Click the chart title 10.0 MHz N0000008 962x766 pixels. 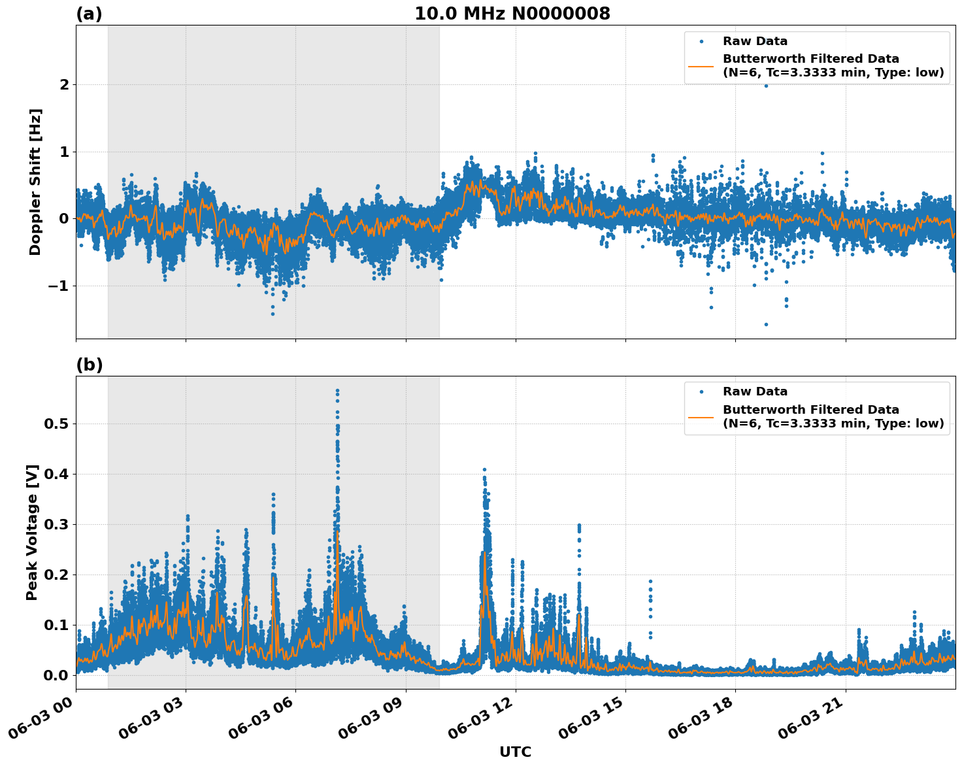[512, 14]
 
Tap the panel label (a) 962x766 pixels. [89, 14]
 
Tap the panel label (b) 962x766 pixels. [89, 365]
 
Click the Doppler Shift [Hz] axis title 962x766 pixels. [35, 182]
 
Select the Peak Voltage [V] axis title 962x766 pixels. [32, 532]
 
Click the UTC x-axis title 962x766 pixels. [515, 752]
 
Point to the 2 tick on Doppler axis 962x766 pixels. [64, 85]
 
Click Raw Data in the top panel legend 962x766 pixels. [755, 41]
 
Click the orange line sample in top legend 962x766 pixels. [701, 65]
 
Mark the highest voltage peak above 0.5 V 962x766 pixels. [337, 391]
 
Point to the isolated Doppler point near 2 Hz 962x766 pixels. [766, 86]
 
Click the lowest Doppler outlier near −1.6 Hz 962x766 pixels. [766, 324]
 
